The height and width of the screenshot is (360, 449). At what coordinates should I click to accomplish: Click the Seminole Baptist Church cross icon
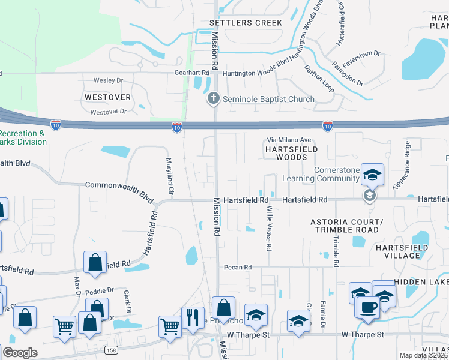pyautogui.click(x=212, y=98)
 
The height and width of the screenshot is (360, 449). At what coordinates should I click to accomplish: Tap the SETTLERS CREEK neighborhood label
pyautogui.click(x=246, y=23)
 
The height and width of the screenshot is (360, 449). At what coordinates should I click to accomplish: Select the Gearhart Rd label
pyautogui.click(x=196, y=73)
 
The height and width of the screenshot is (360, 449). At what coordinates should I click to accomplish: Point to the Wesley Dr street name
pyautogui.click(x=108, y=80)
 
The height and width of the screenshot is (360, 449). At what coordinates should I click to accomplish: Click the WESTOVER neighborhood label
pyautogui.click(x=107, y=97)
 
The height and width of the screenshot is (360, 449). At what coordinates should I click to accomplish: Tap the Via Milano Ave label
pyautogui.click(x=289, y=140)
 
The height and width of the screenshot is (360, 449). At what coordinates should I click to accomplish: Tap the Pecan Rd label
pyautogui.click(x=237, y=267)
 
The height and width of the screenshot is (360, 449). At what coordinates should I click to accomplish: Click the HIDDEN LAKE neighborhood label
pyautogui.click(x=423, y=282)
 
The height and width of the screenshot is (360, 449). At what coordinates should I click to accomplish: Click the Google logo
pyautogui.click(x=20, y=353)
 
